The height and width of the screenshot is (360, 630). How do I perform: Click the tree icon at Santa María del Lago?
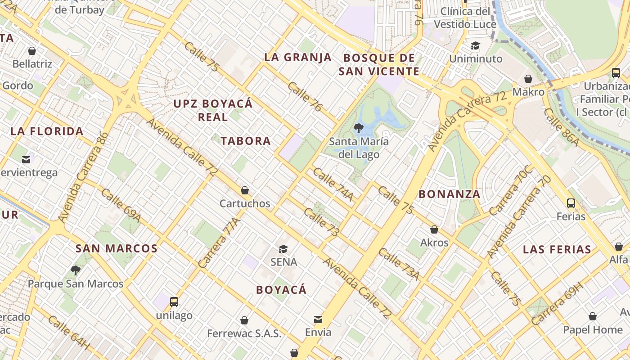pyautogui.click(x=359, y=128)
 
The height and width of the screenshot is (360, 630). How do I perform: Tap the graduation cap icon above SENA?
pyautogui.click(x=283, y=249)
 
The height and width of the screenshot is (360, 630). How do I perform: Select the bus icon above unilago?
pyautogui.click(x=174, y=302)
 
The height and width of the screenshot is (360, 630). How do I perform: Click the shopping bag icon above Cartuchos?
pyautogui.click(x=245, y=190)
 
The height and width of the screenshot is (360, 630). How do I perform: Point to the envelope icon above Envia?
pyautogui.click(x=318, y=319)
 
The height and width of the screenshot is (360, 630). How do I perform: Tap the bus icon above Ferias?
pyautogui.click(x=571, y=203)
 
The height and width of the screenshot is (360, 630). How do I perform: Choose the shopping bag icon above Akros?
pyautogui.click(x=434, y=230)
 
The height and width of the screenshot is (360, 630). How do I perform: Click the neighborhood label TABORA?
pyautogui.click(x=246, y=141)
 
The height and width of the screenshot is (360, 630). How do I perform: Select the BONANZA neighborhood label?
pyautogui.click(x=450, y=194)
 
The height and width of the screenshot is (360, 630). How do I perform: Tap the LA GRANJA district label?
pyautogui.click(x=298, y=57)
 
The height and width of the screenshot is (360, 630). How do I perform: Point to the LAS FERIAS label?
pyautogui.click(x=557, y=249)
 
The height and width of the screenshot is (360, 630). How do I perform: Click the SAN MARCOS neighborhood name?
pyautogui.click(x=117, y=248)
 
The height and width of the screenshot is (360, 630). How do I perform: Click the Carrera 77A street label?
pyautogui.click(x=219, y=243)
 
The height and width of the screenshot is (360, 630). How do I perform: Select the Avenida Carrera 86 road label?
pyautogui.click(x=84, y=176)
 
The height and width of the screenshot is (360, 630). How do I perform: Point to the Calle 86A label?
pyautogui.click(x=561, y=127)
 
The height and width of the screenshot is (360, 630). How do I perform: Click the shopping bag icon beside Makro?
pyautogui.click(x=528, y=79)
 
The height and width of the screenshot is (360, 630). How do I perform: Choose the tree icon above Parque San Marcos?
pyautogui.click(x=76, y=270)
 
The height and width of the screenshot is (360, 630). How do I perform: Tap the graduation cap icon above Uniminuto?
pyautogui.click(x=476, y=45)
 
